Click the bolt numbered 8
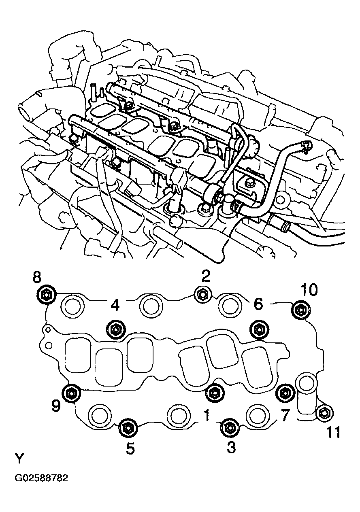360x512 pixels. (x=45, y=294)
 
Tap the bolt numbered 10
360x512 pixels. (x=300, y=310)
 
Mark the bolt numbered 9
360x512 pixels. (x=72, y=392)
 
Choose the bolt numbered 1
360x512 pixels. (x=214, y=392)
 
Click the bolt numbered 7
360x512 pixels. (x=285, y=392)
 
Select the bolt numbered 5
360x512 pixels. (x=128, y=427)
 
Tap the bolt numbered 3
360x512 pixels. (x=229, y=427)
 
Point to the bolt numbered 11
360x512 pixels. (x=324, y=413)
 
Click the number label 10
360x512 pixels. (x=309, y=290)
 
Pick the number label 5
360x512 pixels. (x=130, y=449)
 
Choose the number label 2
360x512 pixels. (x=206, y=276)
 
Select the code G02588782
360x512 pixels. (x=41, y=478)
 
